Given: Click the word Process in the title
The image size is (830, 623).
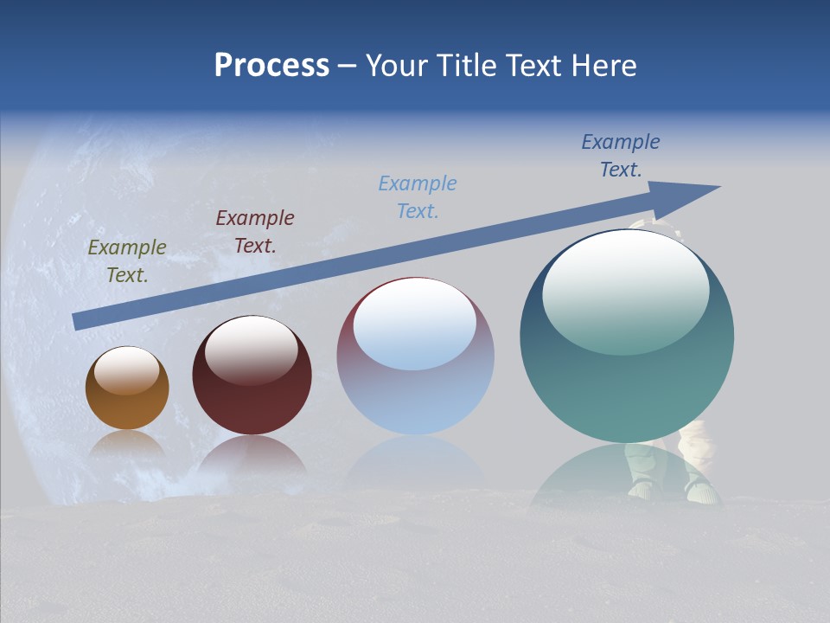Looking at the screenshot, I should coord(271,66).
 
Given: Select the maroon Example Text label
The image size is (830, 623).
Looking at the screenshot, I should coord(255,231).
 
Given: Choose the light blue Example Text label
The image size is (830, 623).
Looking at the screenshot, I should coord(418,196).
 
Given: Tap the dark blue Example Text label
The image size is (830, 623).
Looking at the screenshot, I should coord(621,155).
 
